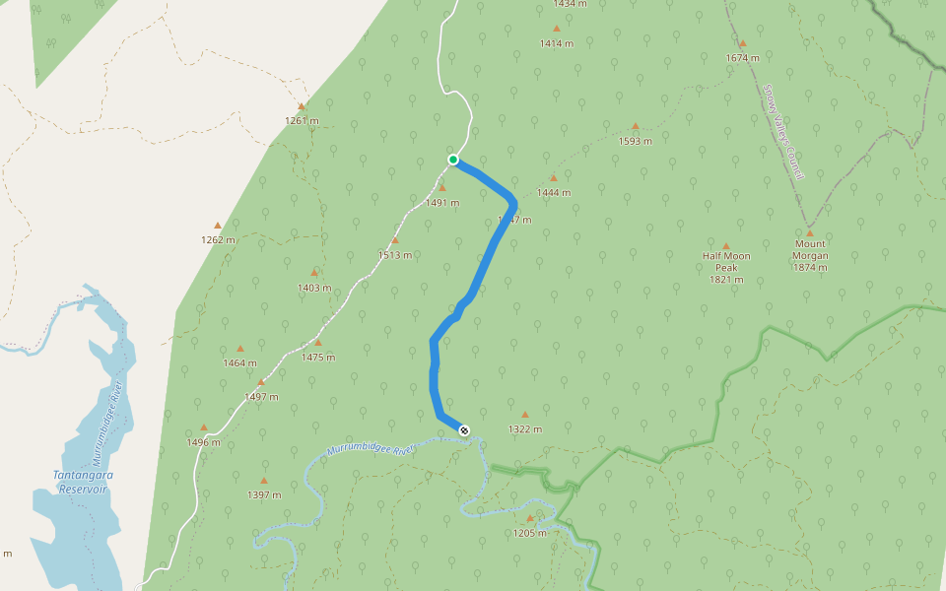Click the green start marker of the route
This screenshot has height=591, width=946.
[453, 160]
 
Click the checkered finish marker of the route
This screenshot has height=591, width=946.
[464, 429]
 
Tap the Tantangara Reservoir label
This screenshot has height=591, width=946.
[83, 482]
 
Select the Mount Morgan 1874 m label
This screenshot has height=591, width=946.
[810, 255]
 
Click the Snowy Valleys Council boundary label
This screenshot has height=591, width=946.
[783, 131]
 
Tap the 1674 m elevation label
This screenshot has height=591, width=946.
[742, 58]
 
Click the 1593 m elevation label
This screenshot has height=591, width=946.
[636, 141]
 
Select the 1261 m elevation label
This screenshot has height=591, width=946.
[302, 121]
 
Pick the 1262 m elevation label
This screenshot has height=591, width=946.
[218, 239]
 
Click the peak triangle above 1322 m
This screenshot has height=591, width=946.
[525, 415]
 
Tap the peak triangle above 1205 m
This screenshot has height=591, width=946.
[530, 518]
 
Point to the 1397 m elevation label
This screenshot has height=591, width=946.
[264, 494]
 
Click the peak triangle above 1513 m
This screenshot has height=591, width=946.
[395, 240]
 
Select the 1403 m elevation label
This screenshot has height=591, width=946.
[314, 288]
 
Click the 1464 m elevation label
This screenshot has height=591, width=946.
[239, 362]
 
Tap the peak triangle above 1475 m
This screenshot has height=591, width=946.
[317, 343]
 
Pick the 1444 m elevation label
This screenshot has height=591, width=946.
[554, 192]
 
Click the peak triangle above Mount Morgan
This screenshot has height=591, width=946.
[810, 233]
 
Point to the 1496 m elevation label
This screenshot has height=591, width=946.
[203, 442]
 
